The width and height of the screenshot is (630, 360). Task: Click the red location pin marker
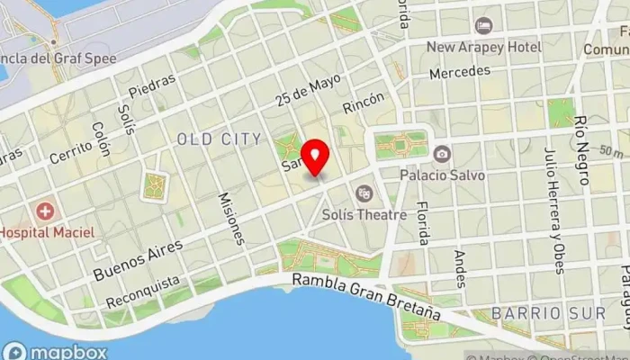[x=315, y=158]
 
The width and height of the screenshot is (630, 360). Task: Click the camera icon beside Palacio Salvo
[x=441, y=155]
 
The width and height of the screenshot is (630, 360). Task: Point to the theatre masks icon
[x=364, y=192]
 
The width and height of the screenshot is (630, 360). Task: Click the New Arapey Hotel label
[x=484, y=46]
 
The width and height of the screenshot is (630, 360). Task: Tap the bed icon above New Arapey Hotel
[x=484, y=25]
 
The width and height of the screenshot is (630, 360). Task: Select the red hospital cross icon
[x=44, y=211]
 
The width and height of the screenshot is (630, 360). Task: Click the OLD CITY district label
[x=220, y=139]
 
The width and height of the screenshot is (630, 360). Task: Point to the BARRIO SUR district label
[x=535, y=312]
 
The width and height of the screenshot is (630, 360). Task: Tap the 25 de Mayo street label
[x=310, y=91]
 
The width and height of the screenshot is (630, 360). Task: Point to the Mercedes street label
[x=460, y=70]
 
